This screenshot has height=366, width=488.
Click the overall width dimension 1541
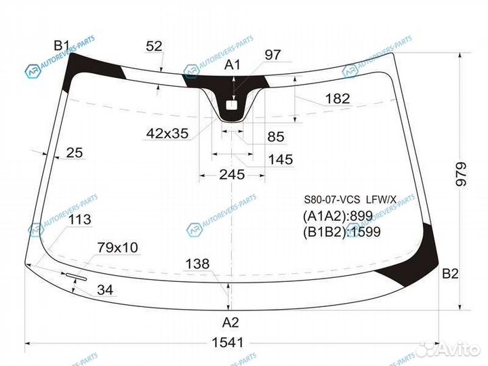tap(228, 342)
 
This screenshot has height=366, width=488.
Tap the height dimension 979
tap(461, 174)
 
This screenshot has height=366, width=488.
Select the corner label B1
tap(62, 45)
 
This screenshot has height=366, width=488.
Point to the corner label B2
tap(450, 274)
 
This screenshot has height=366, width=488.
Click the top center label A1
tap(232, 65)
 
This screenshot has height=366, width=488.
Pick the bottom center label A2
tap(230, 323)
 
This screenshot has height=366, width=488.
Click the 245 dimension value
tap(232, 175)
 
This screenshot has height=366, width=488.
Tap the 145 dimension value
tap(281, 159)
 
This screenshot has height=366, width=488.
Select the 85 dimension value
tap(276, 137)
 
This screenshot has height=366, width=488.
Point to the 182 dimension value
tap(338, 99)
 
